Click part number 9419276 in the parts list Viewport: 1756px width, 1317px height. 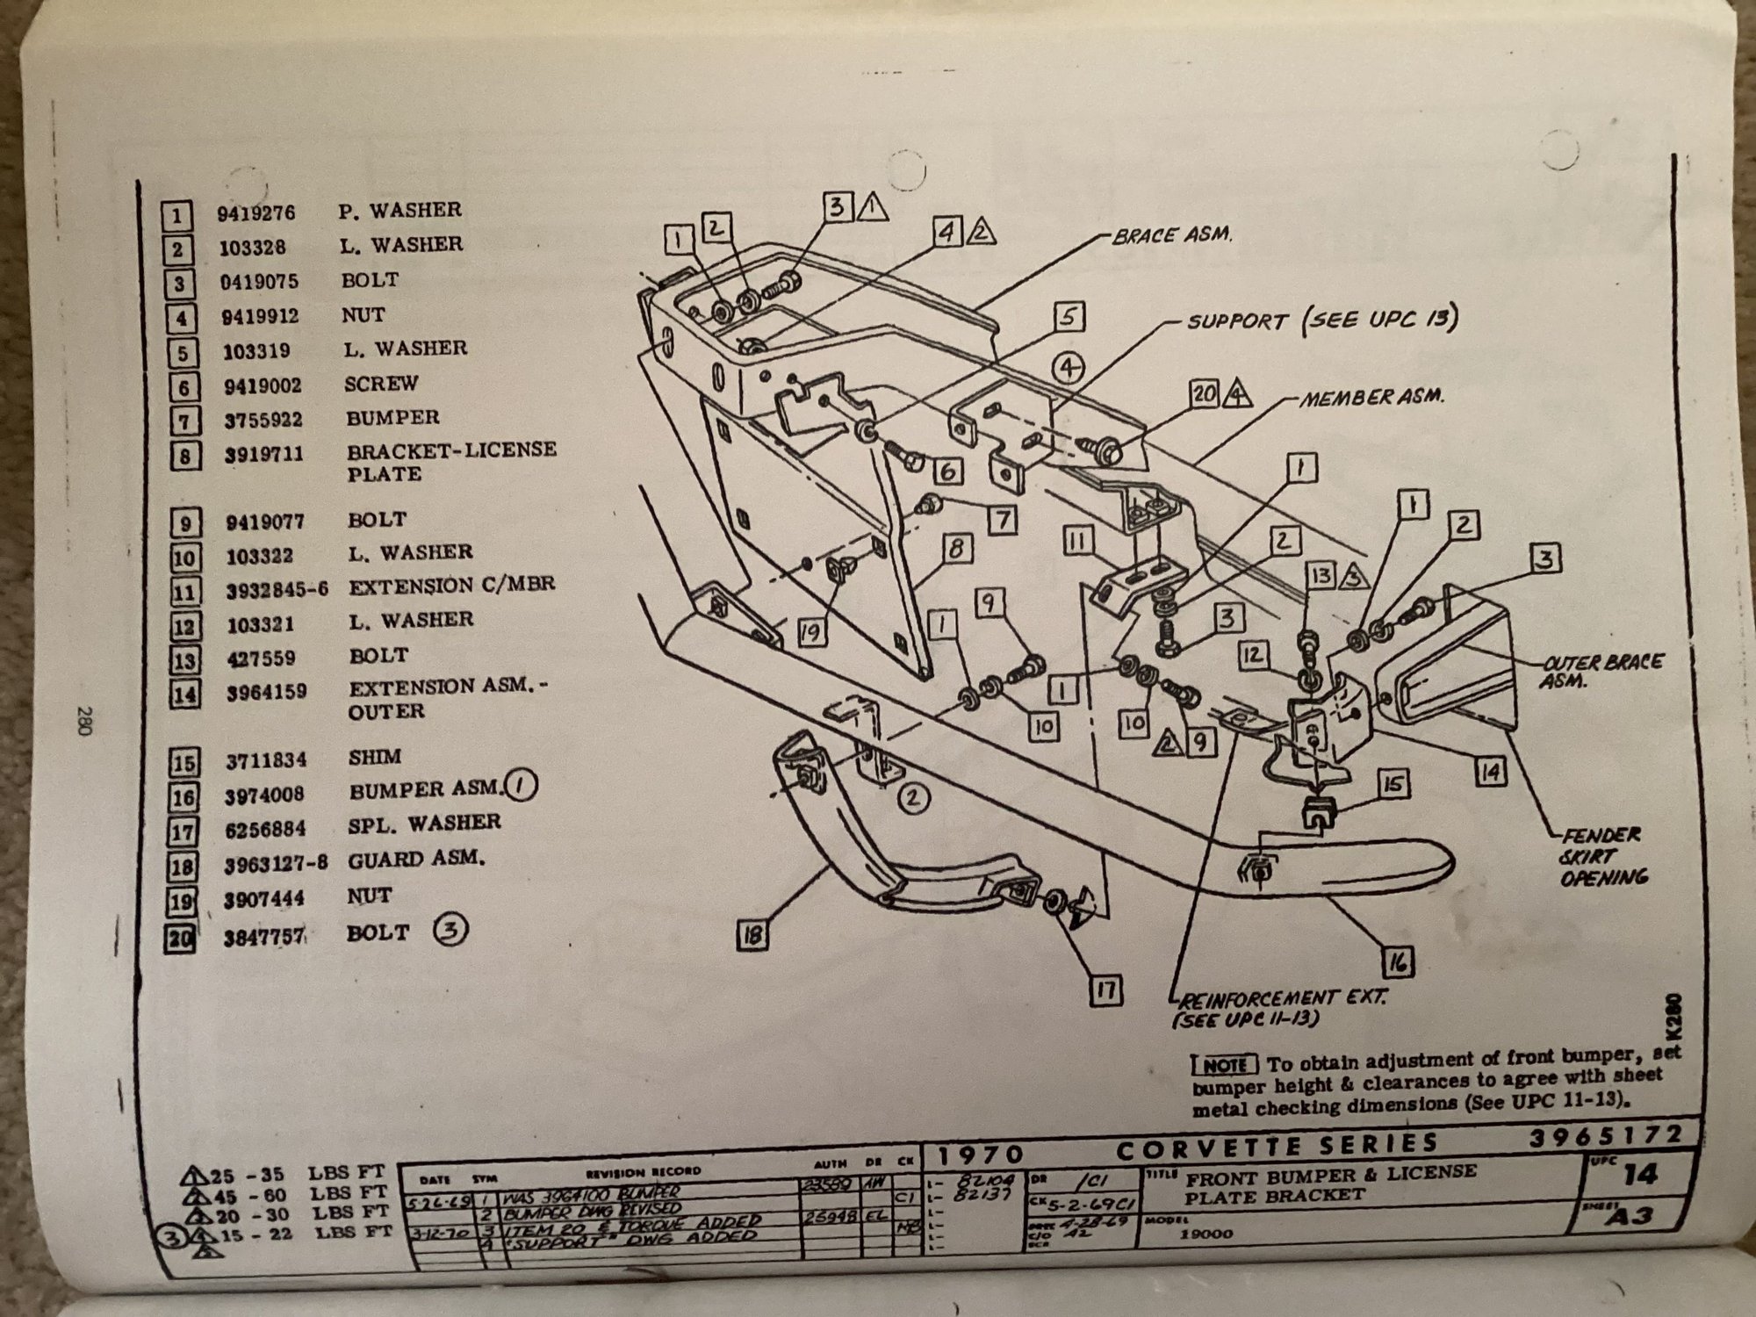click(x=256, y=213)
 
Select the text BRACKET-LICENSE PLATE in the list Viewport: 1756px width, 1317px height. click(x=451, y=462)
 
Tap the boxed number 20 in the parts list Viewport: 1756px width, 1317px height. click(x=181, y=938)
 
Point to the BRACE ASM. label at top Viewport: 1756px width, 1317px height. click(x=1172, y=236)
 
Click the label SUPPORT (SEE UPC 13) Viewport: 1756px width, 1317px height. click(x=1322, y=320)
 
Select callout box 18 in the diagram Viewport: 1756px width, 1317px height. click(x=753, y=937)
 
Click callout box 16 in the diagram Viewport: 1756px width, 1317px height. click(x=1399, y=962)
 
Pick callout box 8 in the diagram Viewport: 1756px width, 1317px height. click(x=956, y=550)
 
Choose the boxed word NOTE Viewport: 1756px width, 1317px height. click(x=1225, y=1065)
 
